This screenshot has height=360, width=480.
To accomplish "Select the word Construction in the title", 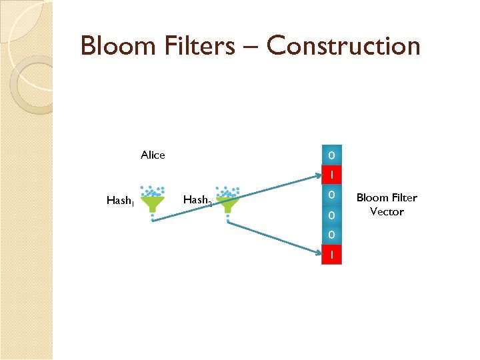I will point(343,46).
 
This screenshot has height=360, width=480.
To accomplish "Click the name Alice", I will point(153,155).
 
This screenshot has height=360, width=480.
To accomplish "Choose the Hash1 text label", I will point(120,200).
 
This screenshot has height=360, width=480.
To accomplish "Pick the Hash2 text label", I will point(197,200).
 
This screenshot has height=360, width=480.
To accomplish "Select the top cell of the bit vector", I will point(331,155).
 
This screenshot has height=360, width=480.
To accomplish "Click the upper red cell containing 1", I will point(331,175).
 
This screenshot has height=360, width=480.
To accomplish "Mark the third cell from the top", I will point(331,195).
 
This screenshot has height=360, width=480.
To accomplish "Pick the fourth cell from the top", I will point(331,215).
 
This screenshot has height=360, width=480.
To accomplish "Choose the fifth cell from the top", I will point(331,235).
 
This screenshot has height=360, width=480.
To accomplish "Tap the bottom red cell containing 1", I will point(331,255).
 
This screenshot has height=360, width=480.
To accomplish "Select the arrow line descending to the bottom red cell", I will point(273,237).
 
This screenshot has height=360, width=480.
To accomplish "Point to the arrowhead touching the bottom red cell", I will point(318,253).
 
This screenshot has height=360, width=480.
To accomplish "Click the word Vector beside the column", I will point(387,211).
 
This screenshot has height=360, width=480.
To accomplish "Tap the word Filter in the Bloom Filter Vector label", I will point(403,198).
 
